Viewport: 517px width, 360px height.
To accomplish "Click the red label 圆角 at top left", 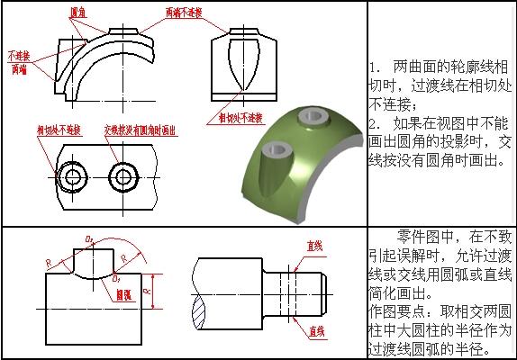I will [79, 13].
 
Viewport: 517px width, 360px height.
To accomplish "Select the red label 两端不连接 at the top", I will [186, 13].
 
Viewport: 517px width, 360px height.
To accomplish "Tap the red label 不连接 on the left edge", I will [18, 55].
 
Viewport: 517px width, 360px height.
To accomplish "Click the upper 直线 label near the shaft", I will [315, 245].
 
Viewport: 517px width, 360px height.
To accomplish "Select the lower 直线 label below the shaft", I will [315, 331].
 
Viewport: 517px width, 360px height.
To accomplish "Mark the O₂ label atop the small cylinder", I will [89, 238].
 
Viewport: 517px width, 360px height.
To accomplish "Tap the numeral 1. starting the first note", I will [376, 68].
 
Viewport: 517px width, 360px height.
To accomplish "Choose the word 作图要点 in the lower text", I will [392, 309].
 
